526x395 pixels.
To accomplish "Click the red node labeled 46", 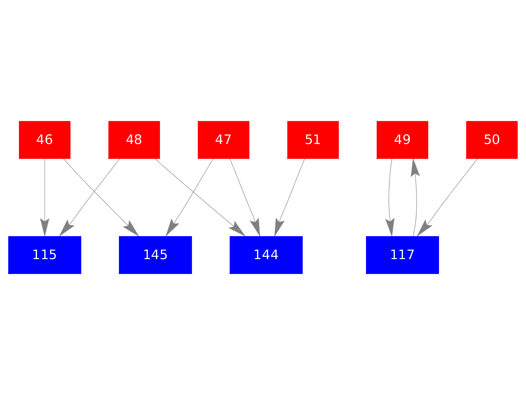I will click(x=44, y=140).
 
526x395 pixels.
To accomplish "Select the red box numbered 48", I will click(x=134, y=140).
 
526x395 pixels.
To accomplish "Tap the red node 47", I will click(x=223, y=140).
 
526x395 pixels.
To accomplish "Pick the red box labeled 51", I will click(x=313, y=140).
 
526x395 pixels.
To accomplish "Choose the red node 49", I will click(x=402, y=140).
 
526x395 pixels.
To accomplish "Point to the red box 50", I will click(x=491, y=140).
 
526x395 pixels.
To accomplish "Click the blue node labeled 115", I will click(x=44, y=255).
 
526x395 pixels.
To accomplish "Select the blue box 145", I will click(x=155, y=255).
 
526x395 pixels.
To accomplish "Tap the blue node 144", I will click(x=266, y=255).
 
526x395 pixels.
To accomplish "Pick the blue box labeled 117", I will click(x=402, y=255).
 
